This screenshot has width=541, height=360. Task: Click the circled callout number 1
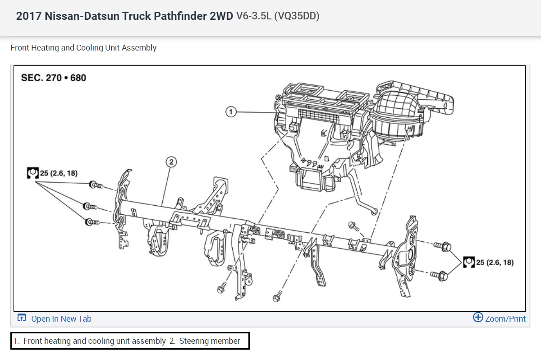click(231, 111)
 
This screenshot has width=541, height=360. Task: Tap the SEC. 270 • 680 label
click(54, 78)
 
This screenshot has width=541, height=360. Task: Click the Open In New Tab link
click(61, 319)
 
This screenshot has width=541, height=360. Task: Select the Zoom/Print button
click(505, 319)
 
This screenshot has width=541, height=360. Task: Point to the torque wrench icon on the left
click(32, 173)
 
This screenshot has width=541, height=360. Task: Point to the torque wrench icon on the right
click(468, 262)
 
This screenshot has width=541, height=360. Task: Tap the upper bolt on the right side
click(442, 246)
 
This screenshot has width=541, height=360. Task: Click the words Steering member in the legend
click(210, 341)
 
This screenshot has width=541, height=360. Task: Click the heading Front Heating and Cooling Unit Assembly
click(83, 48)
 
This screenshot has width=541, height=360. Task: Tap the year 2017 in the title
click(28, 16)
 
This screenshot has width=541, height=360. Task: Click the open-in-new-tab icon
click(22, 318)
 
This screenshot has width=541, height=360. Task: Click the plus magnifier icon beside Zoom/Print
click(478, 318)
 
